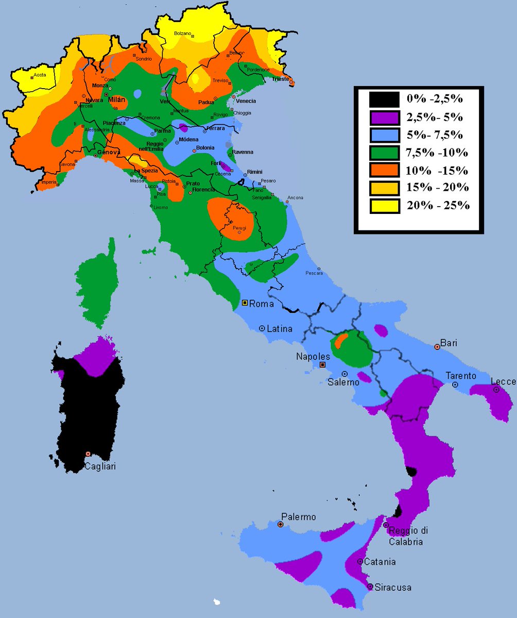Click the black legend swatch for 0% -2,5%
384,99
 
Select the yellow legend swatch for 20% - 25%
384,206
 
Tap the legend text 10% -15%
437,170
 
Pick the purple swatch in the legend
384,117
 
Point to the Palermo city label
299,517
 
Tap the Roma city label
261,304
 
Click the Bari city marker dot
437,347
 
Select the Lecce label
503,381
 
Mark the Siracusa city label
393,587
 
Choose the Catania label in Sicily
380,562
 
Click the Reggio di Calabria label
408,536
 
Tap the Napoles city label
313,356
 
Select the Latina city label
279,328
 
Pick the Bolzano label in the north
182,34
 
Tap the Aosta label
40,75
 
